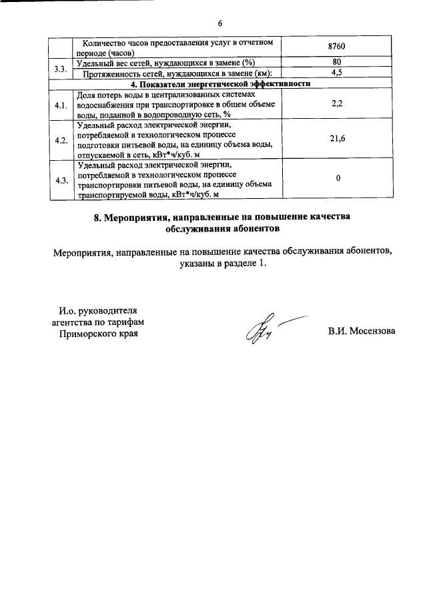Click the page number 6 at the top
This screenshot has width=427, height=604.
point(220,24)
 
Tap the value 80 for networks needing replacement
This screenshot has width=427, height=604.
point(338,63)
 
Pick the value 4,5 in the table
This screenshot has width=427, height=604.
point(338,73)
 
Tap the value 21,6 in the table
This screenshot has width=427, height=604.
point(338,137)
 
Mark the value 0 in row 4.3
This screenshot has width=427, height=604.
point(338,178)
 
